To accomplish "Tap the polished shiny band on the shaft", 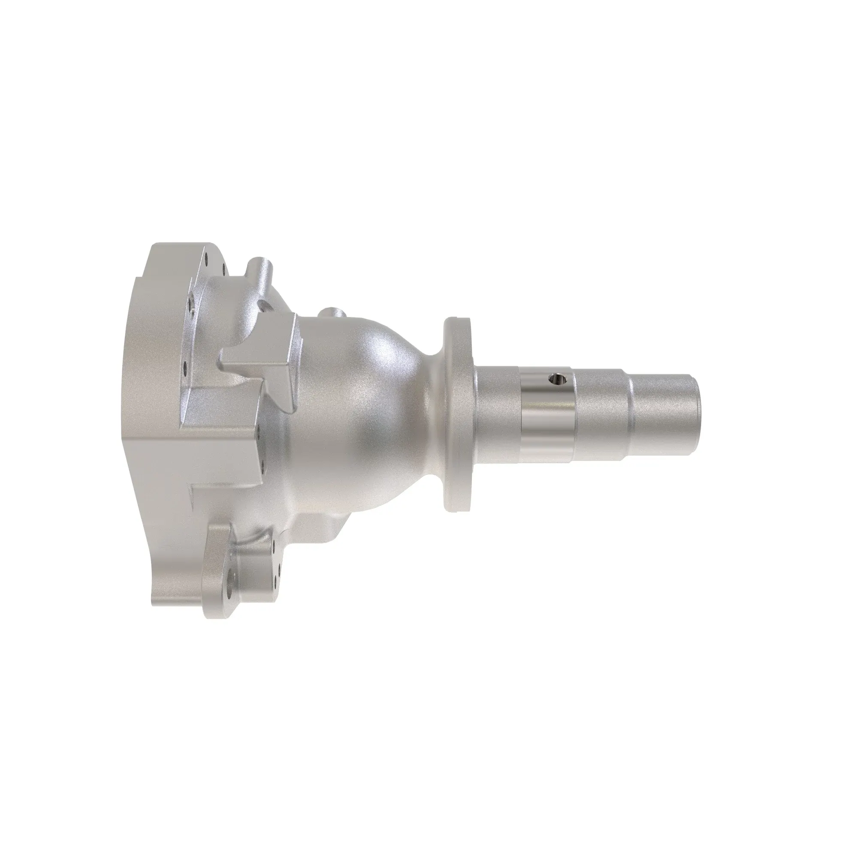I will pyautogui.click(x=546, y=417).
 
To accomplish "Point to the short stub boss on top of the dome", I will pyautogui.click(x=332, y=314).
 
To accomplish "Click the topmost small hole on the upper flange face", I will pyautogui.click(x=207, y=256).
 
